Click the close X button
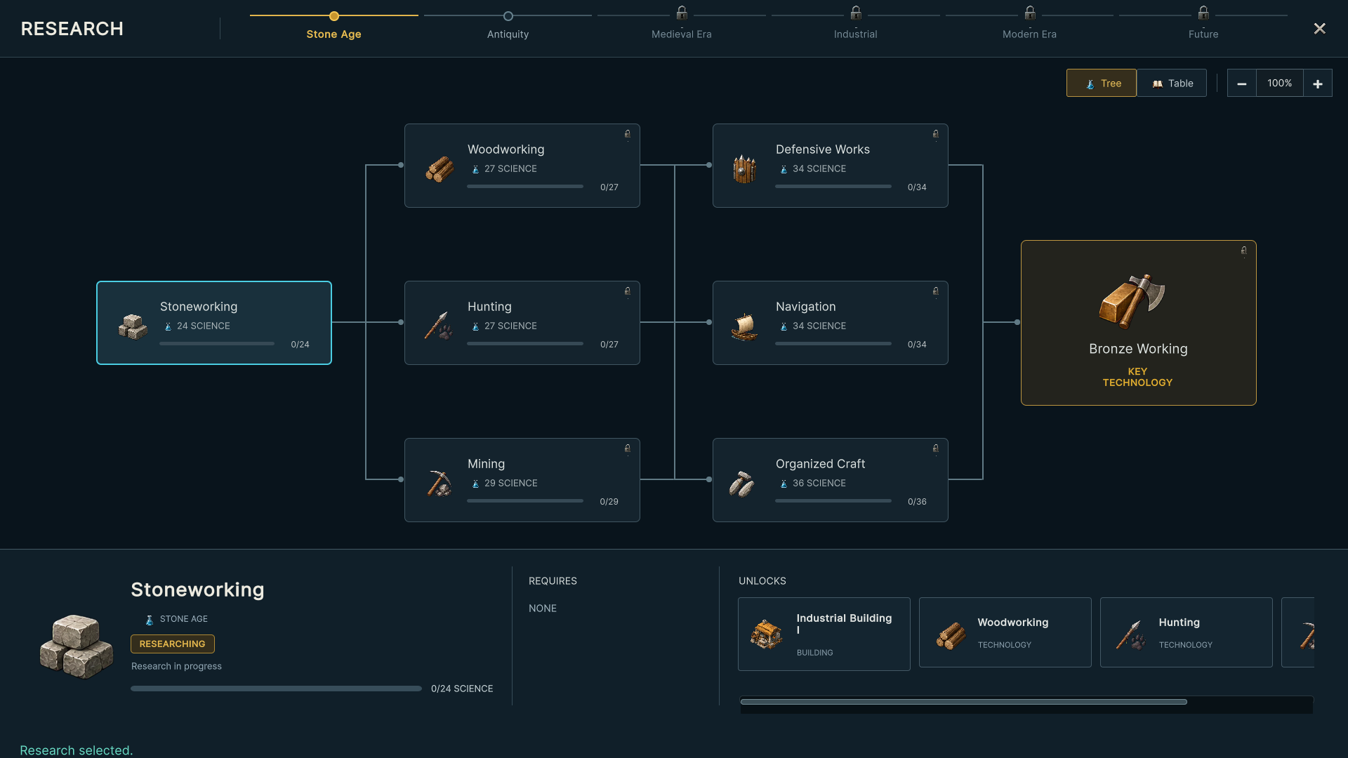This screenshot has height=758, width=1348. (1320, 28)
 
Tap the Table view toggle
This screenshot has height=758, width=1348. (1172, 83)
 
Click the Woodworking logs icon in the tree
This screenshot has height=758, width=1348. (440, 169)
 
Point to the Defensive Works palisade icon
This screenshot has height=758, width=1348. (744, 168)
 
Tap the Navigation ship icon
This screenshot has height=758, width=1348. (744, 326)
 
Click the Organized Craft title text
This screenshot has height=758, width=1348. (820, 464)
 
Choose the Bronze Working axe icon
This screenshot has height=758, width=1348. (1132, 301)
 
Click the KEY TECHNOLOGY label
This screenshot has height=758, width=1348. (1137, 377)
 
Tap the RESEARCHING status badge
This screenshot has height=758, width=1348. (173, 644)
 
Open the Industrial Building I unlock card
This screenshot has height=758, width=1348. (824, 634)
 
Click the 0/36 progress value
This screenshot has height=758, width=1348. (917, 502)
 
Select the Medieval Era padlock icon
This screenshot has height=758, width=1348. (682, 13)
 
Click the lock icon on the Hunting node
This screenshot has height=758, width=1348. (628, 291)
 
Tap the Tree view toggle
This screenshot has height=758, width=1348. (1102, 83)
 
